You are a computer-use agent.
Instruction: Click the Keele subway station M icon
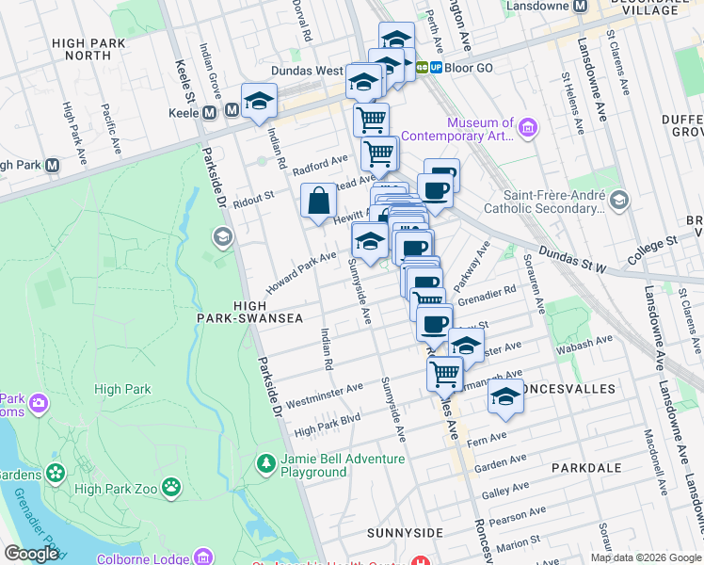[232, 112]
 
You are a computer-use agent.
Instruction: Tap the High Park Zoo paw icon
[170, 487]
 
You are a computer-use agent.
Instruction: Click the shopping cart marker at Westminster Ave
[445, 372]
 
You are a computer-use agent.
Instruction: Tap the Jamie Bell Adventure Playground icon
[265, 464]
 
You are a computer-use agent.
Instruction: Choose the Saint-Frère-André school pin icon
[619, 200]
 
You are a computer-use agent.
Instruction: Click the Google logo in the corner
[32, 554]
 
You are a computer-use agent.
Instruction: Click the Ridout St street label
[253, 198]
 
